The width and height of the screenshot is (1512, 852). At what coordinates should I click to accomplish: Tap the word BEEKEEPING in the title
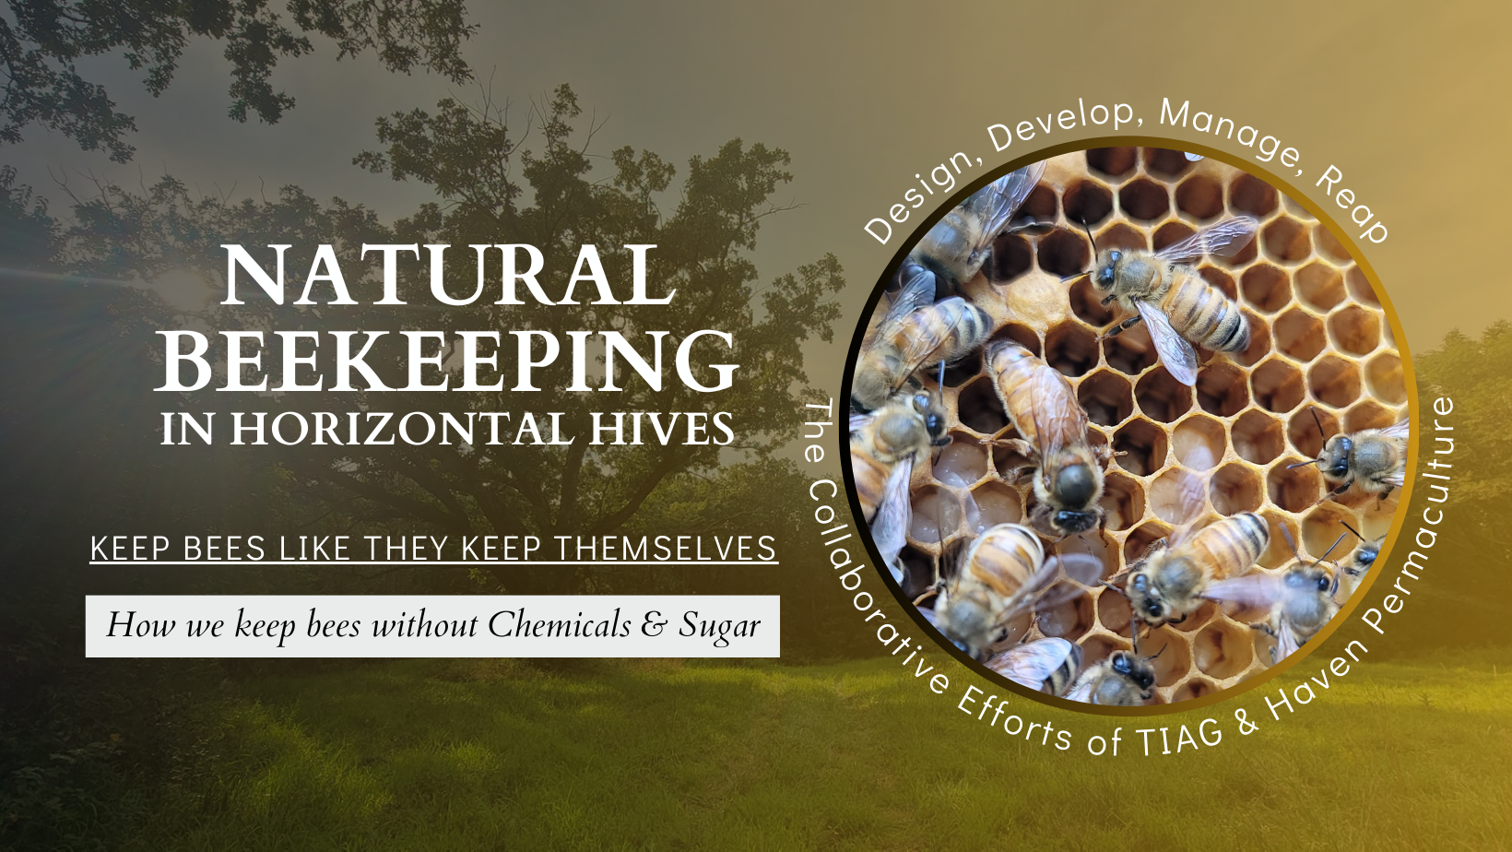pos(447,361)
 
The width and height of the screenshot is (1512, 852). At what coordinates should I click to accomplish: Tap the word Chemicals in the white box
pos(559,624)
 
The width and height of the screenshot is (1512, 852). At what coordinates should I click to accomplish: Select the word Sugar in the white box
pos(719,626)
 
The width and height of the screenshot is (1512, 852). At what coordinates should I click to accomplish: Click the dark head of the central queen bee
pos(1076,483)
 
